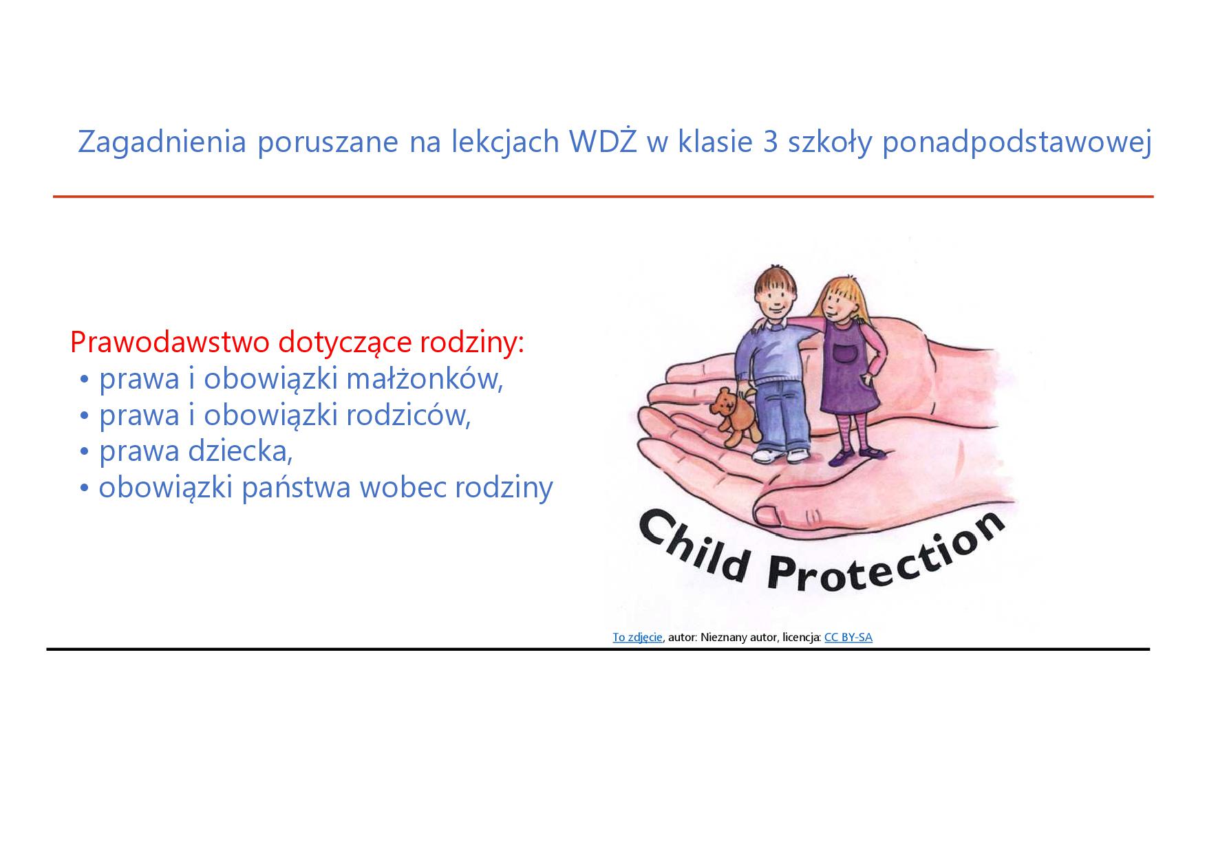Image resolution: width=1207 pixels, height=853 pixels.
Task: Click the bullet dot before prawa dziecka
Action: click(85, 452)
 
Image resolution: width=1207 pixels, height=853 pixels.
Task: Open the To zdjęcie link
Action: click(637, 638)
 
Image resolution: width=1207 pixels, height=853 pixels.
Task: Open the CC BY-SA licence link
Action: click(848, 637)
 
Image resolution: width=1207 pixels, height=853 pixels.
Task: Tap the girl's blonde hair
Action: click(842, 296)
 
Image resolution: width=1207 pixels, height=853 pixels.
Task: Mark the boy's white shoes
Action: click(780, 455)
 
